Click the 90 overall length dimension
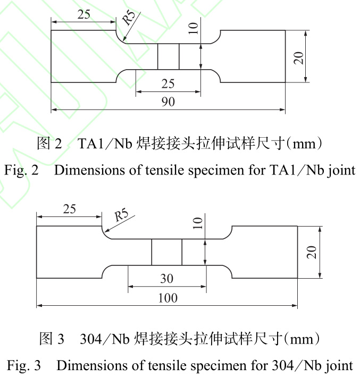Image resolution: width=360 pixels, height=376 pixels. tap(168, 102)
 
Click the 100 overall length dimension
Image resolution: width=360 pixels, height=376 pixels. tap(168, 298)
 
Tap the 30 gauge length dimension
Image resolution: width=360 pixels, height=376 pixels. tap(166, 279)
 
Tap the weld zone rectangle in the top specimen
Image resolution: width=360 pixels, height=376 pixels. tap(168, 56)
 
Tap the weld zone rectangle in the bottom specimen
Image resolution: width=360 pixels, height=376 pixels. tap(166, 252)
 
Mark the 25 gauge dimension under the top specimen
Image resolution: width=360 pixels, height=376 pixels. tap(168, 83)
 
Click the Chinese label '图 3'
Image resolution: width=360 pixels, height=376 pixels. tap(52, 338)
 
